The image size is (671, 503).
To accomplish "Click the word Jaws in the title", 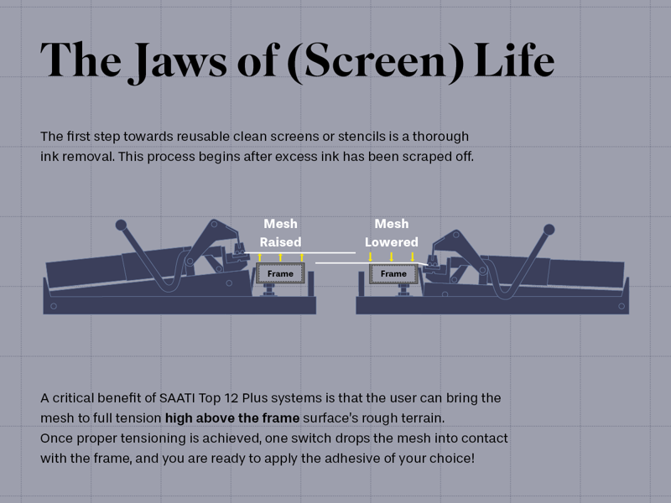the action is click(178, 61).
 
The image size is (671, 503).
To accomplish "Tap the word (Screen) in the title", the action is click(375, 61).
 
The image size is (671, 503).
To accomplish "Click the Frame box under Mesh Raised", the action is click(280, 273).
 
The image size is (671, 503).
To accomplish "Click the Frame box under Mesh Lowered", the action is click(393, 274).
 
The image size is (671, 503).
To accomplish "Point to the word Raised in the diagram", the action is click(280, 242).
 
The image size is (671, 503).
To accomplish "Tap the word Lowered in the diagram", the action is click(392, 242).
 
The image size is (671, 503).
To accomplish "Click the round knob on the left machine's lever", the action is click(121, 225).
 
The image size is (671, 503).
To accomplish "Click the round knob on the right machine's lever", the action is click(549, 230).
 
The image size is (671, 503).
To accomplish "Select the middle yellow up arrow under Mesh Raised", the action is click(280, 257).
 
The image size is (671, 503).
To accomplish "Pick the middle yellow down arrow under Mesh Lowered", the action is click(391, 257).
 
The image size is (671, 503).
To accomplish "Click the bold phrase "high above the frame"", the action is click(232, 417).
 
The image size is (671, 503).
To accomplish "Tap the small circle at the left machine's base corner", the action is click(54, 306).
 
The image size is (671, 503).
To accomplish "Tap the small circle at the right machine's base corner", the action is click(622, 306).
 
